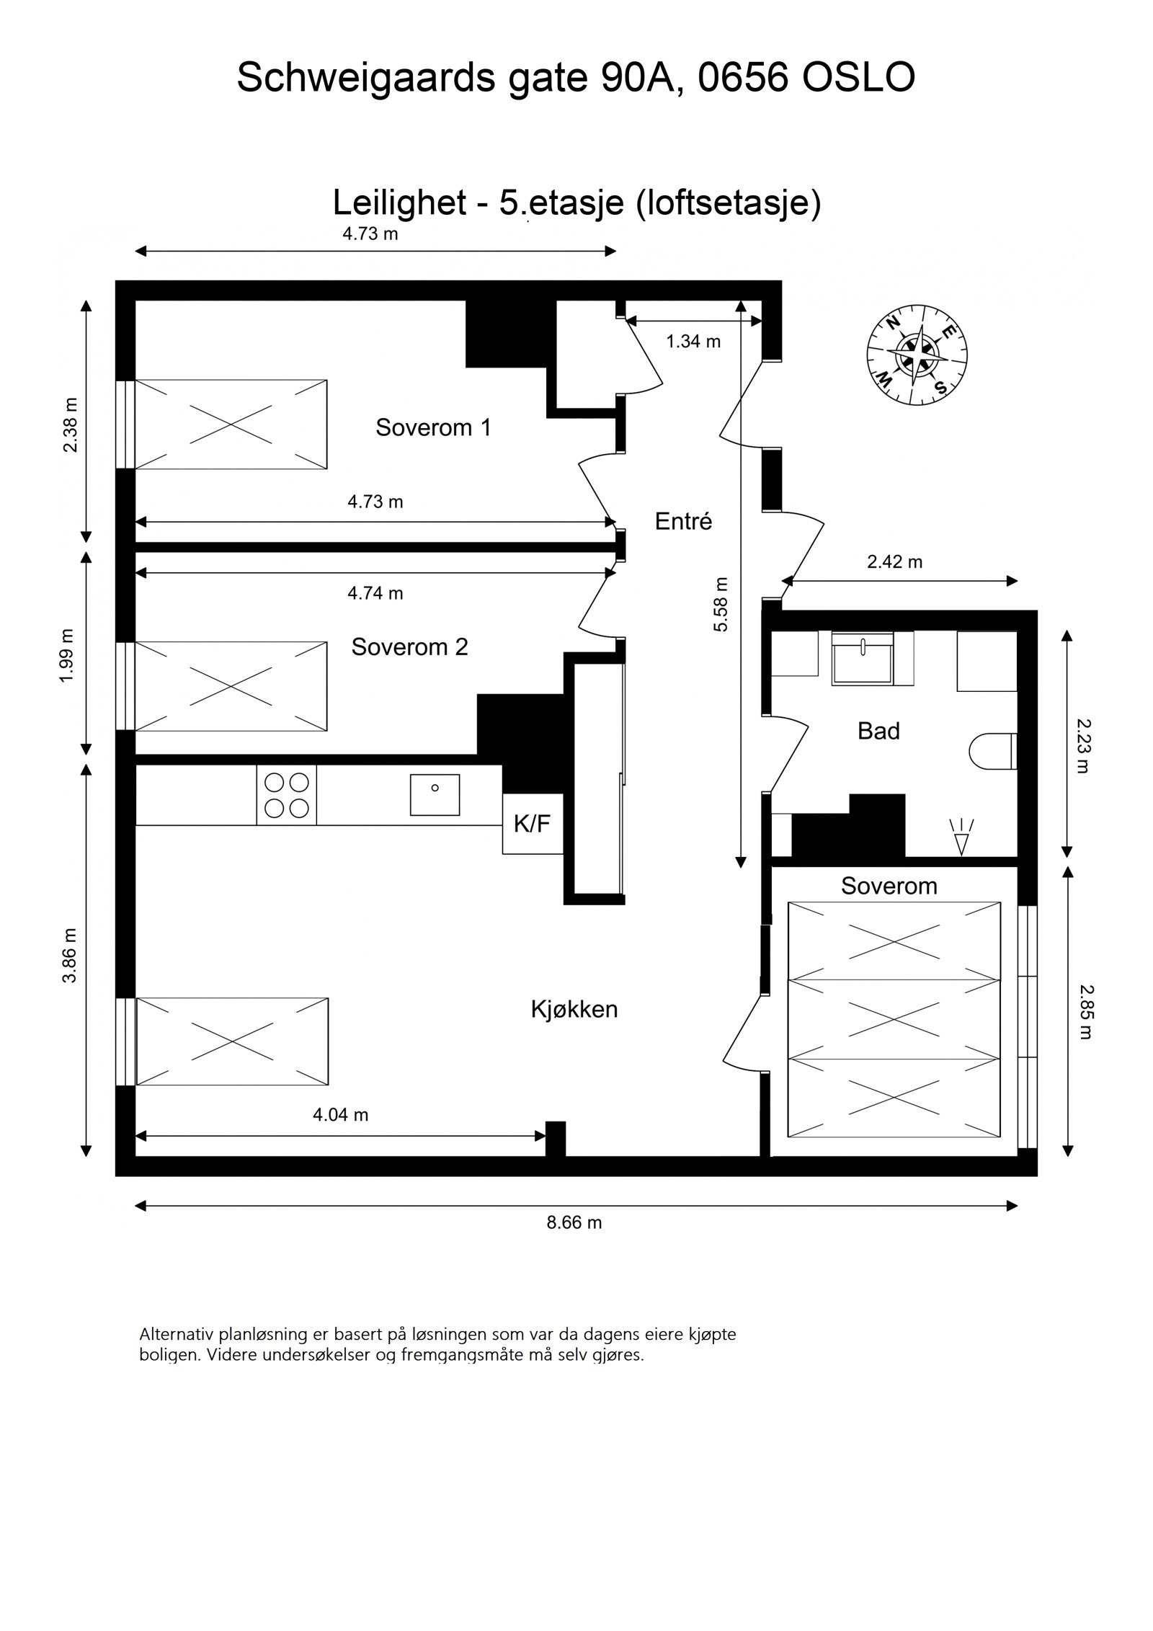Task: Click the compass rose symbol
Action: (916, 355)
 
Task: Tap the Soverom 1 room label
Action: (433, 427)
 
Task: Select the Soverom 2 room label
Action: (409, 646)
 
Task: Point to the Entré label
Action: (683, 521)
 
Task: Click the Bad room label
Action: (878, 731)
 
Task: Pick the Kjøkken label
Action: (574, 1009)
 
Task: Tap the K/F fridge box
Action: (532, 823)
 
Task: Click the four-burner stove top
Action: (286, 795)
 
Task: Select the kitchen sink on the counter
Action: (435, 794)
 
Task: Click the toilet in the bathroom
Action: (992, 751)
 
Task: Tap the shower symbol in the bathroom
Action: (961, 836)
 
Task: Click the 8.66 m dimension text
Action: (574, 1222)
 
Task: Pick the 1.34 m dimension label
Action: (693, 342)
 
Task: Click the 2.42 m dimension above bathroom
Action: (894, 561)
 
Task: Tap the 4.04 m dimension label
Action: (340, 1115)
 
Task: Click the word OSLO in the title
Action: (858, 77)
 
